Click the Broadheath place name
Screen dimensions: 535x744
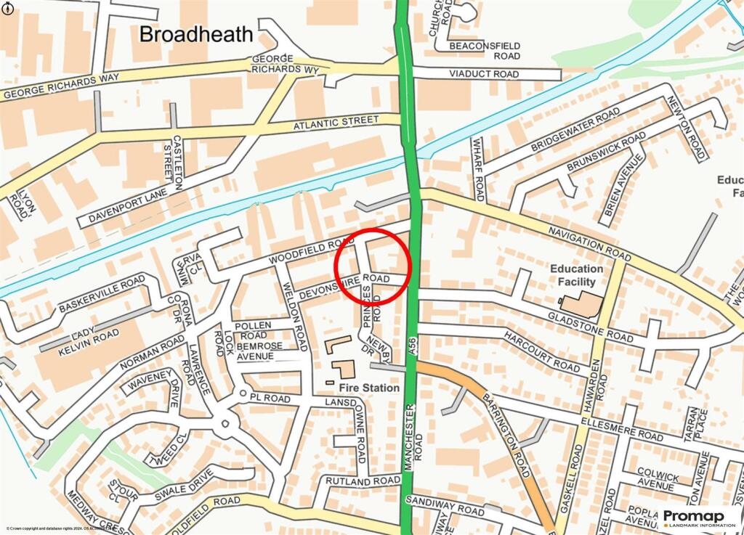(196, 34)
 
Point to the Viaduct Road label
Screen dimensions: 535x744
(484, 74)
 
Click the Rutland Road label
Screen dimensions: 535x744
(363, 481)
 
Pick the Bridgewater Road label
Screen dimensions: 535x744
(575, 131)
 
